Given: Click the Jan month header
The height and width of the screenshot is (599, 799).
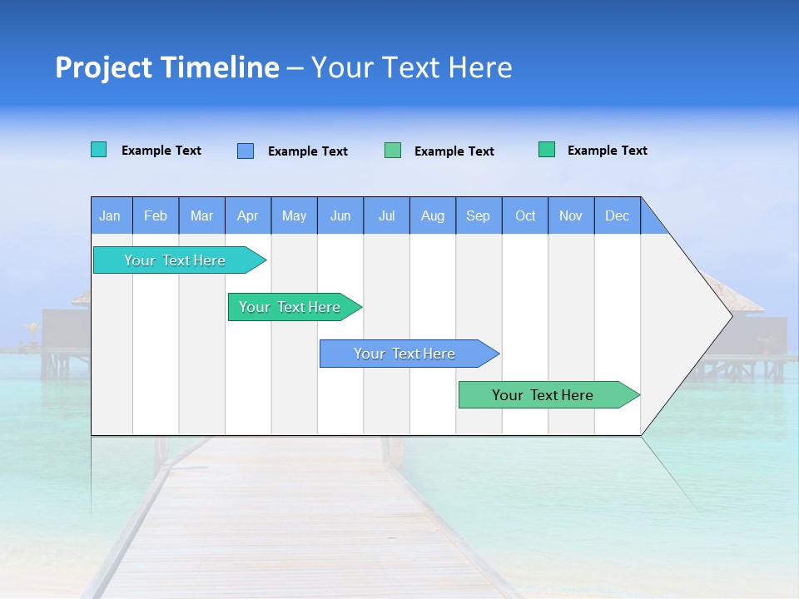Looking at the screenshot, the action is [x=111, y=215].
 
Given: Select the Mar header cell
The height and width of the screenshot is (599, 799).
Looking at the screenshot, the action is [x=201, y=215].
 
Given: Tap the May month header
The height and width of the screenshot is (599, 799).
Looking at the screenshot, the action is [x=294, y=215].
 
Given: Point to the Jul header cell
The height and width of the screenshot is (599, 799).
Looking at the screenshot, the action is [x=386, y=215].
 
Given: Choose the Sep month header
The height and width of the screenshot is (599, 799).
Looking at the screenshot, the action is [x=478, y=215].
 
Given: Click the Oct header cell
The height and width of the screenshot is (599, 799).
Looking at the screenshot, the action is [x=525, y=215].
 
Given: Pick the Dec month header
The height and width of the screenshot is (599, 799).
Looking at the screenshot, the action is [x=617, y=215].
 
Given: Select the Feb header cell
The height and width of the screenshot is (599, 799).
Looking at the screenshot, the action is [x=156, y=215].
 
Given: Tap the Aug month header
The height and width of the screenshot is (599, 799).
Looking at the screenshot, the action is [x=432, y=215].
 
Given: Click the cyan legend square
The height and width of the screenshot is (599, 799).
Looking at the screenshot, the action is [x=98, y=150].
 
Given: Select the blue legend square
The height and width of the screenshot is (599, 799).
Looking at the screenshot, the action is [x=246, y=151].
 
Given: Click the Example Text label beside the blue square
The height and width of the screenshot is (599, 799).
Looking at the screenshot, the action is [x=307, y=151].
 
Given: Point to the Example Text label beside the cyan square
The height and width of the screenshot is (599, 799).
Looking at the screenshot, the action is [x=161, y=151].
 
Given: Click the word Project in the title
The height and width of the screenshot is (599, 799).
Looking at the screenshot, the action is [x=105, y=67].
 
